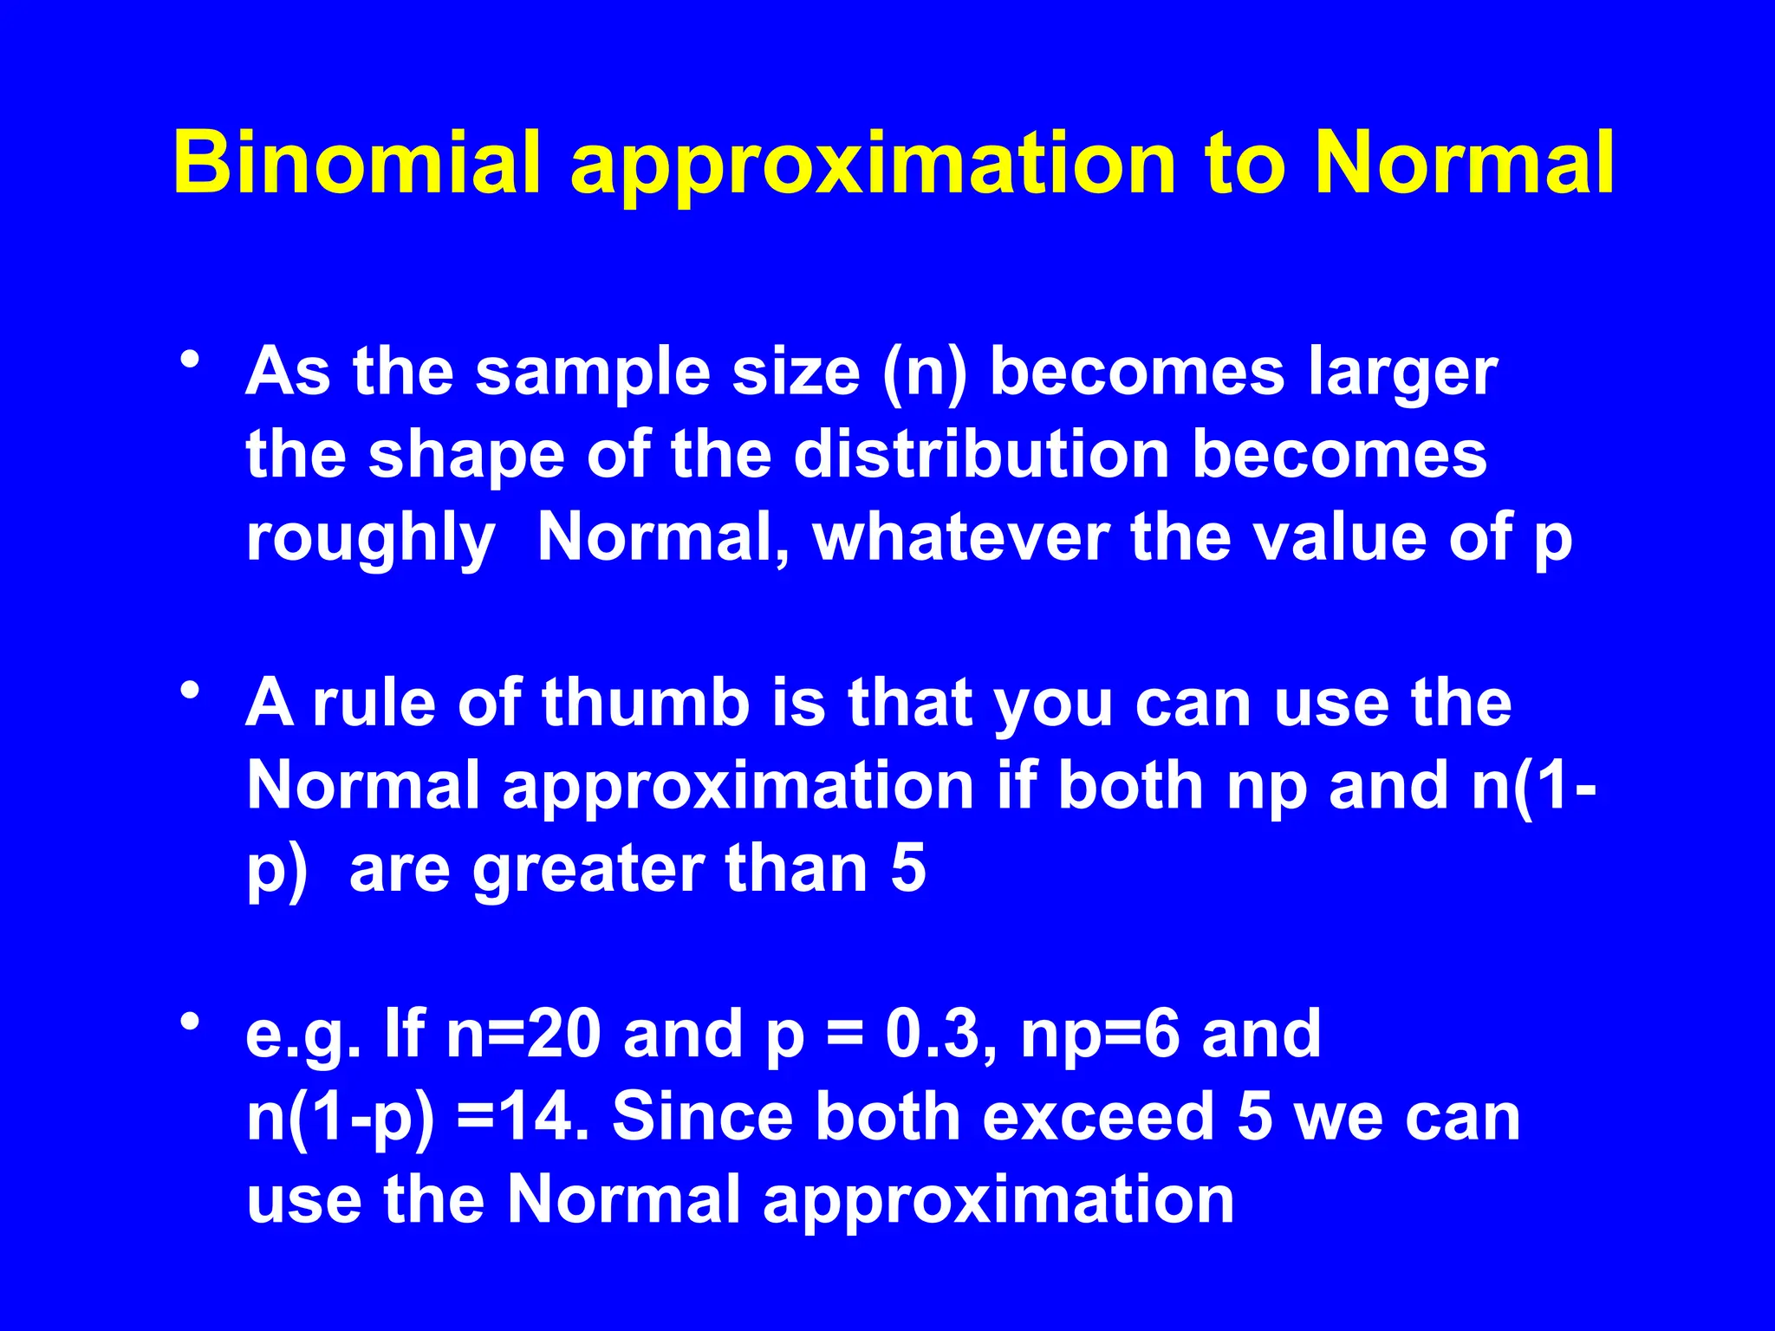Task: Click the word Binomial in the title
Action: point(357,162)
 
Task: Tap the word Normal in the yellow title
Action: point(1464,162)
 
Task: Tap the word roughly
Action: point(371,540)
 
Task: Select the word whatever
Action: point(962,538)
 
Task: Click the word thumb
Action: point(646,702)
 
